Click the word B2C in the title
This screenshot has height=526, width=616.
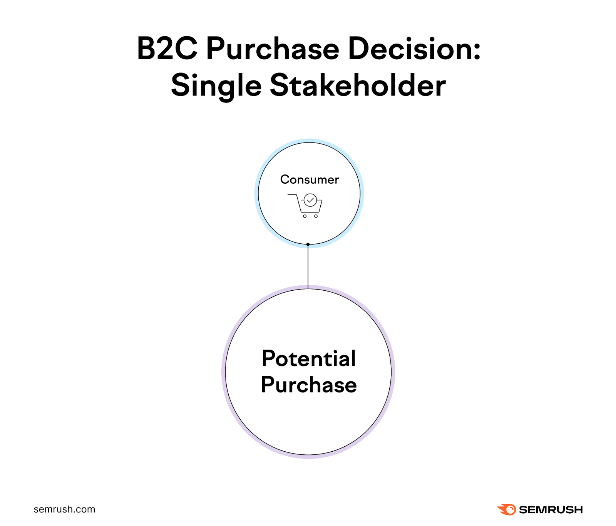point(167,49)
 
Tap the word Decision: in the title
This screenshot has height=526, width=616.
point(414,49)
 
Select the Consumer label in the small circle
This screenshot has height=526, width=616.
point(310,179)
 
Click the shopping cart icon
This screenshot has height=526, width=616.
point(305,206)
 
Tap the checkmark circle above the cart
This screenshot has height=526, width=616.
point(310,200)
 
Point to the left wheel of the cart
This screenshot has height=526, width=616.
point(305,216)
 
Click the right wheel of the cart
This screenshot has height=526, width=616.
point(316,216)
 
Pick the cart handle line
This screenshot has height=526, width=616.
point(292,195)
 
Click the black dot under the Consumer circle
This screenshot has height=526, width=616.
point(308,244)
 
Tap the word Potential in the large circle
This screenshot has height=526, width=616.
point(309,358)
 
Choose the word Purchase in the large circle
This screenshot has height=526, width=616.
point(309,385)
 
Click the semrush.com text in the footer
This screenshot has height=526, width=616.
point(64,509)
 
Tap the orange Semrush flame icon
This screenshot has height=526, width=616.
point(507,509)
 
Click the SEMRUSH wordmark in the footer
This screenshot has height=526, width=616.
point(551,509)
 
